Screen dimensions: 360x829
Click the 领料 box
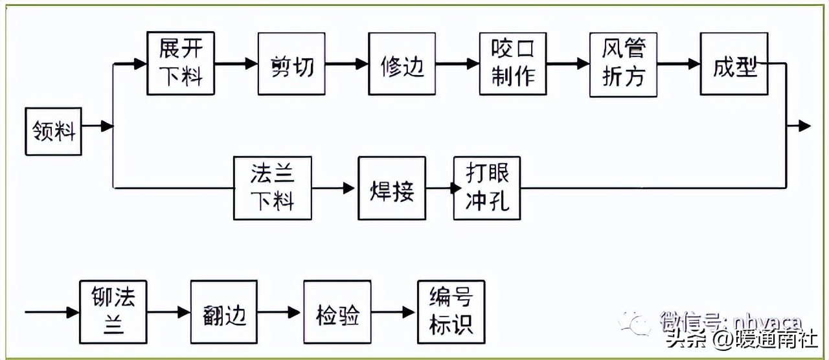54,132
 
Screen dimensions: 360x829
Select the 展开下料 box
180,63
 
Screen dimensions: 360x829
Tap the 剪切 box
291,64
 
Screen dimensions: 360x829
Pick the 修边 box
402,64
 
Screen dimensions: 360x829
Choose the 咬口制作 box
513,64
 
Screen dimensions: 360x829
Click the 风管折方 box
623,64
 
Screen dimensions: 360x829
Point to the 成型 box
734,64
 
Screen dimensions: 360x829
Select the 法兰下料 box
273,188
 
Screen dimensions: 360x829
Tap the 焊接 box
392,188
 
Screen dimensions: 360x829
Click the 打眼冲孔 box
487,188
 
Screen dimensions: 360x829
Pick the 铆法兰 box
113,312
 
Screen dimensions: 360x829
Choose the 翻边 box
224,312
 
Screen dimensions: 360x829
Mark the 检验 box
337,312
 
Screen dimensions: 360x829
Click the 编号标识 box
451,312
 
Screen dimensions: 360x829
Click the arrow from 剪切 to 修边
347,64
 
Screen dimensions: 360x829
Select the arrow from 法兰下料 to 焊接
335,188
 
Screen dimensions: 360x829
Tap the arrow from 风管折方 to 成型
678,64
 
